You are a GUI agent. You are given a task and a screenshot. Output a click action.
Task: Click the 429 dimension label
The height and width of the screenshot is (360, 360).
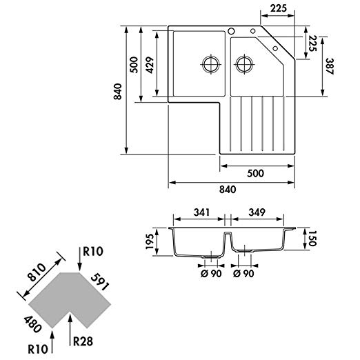150,65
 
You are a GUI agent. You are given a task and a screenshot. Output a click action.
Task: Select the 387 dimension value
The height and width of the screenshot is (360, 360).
330,66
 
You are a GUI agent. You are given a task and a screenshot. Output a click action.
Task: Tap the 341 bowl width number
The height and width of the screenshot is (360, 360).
201,212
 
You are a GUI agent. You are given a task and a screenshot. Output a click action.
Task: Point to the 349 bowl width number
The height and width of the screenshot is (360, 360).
257,212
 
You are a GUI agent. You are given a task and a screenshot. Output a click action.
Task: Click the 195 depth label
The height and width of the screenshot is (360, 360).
150,241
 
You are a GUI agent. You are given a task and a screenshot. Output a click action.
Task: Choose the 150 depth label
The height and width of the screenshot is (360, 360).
312,239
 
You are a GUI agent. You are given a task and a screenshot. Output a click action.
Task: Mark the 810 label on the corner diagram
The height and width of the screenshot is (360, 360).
37,272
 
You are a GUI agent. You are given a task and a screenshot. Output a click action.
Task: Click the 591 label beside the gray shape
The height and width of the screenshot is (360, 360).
99,283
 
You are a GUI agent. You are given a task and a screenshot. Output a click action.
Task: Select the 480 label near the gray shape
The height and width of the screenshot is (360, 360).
32,325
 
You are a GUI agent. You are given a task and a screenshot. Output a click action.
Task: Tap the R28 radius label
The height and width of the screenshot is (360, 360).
83,341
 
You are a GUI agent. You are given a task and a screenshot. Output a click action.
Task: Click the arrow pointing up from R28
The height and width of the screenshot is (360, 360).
70,329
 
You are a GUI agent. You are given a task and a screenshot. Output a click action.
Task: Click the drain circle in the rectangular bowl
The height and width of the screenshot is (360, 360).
211,64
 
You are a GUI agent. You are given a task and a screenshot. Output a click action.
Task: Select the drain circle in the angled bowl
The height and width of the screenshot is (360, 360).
244,64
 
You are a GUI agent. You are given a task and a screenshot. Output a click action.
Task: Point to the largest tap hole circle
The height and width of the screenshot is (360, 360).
231,31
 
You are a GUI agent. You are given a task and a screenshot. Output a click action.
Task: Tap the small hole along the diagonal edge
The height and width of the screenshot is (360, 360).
275,48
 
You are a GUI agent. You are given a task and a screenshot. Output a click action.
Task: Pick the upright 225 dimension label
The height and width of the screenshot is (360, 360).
279,8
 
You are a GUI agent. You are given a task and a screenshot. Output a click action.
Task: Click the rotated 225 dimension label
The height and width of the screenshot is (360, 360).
312,43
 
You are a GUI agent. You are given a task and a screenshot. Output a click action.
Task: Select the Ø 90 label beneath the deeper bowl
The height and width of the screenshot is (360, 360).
211,274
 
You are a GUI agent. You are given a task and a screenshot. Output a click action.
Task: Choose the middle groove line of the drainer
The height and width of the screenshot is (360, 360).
263,123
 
